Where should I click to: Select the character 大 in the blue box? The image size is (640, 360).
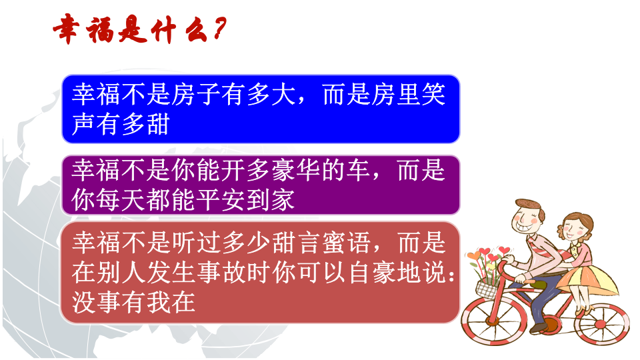[x=284, y=96]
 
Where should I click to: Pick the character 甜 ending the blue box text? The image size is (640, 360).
[x=157, y=125]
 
